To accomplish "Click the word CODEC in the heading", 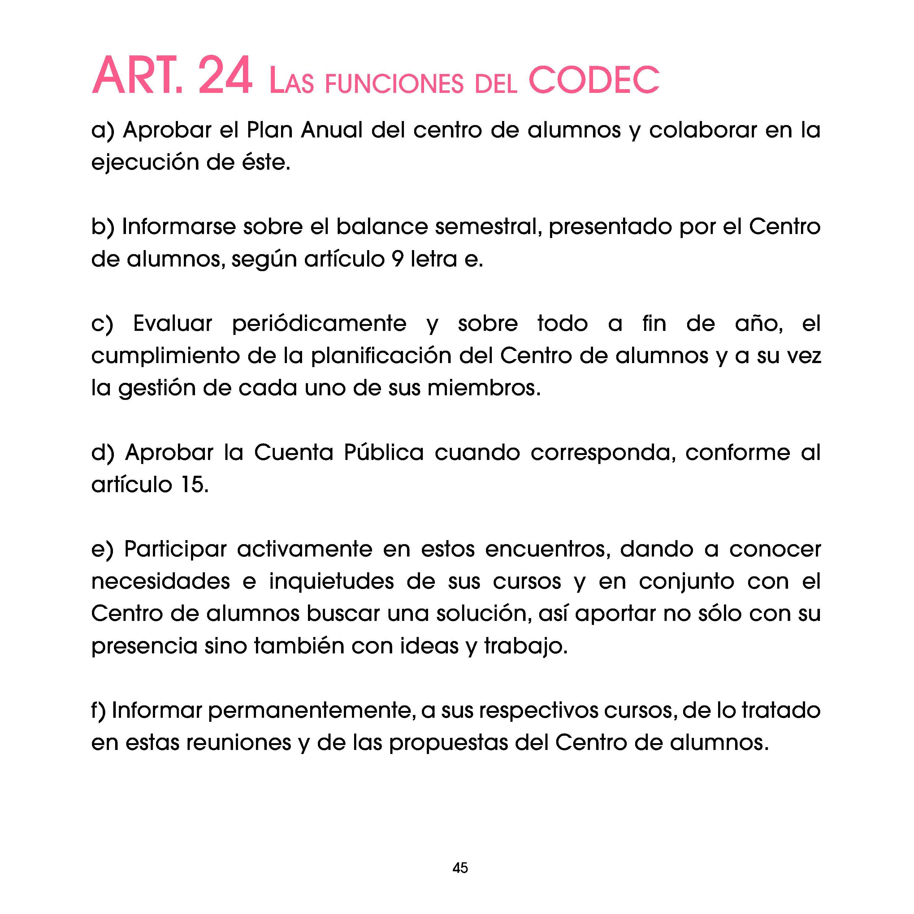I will [x=593, y=80].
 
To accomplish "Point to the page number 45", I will [x=460, y=868].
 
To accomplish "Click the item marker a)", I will [x=103, y=130].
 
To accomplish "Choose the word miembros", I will [x=483, y=388].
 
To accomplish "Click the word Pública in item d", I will [x=384, y=453].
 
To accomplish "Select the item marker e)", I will [x=103, y=550].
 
